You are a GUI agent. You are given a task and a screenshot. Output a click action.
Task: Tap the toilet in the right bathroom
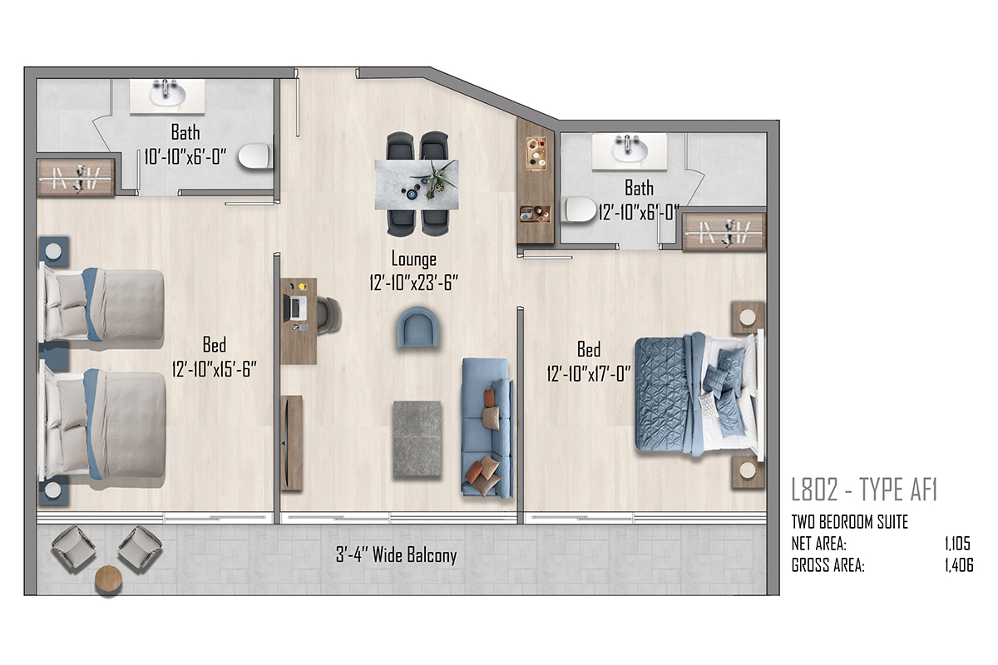pyautogui.click(x=581, y=209)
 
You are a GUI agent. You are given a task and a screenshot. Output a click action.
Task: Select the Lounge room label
pyautogui.click(x=414, y=259)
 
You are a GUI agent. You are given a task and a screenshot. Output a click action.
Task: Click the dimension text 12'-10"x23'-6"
pyautogui.click(x=414, y=283)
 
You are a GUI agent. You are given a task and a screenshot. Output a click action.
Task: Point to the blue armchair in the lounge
pyautogui.click(x=417, y=327)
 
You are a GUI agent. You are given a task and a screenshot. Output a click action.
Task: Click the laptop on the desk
pyautogui.click(x=295, y=308)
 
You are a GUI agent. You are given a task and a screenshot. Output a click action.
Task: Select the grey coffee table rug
pyautogui.click(x=417, y=439)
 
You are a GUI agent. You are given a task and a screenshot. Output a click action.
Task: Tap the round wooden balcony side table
pyautogui.click(x=108, y=579)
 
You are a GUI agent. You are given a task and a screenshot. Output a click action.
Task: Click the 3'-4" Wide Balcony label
pyautogui.click(x=396, y=555)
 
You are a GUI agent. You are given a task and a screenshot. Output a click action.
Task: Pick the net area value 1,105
pyautogui.click(x=957, y=544)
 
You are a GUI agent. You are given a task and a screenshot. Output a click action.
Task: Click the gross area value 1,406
pyautogui.click(x=959, y=565)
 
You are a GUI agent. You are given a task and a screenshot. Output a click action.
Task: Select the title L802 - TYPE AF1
pyautogui.click(x=864, y=490)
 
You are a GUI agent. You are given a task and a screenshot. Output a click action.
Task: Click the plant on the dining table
pyautogui.click(x=435, y=179)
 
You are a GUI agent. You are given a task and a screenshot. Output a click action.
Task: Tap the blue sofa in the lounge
pyautogui.click(x=487, y=427)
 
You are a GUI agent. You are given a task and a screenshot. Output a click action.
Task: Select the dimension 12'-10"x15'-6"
pyautogui.click(x=215, y=369)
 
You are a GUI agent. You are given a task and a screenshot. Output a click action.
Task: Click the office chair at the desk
pyautogui.click(x=329, y=315)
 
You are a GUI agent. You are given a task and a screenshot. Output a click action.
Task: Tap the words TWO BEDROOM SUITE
pyautogui.click(x=849, y=522)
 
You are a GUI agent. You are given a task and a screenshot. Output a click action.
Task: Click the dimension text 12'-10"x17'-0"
pyautogui.click(x=589, y=373)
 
